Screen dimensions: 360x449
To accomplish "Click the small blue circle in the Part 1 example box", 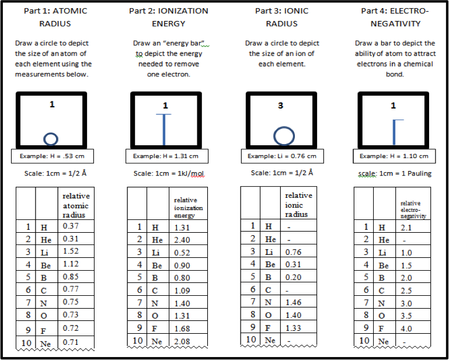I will tap(51, 138).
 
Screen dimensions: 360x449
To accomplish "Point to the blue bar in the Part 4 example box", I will tap(395, 132).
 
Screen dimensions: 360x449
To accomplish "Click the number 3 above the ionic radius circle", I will tap(280, 106).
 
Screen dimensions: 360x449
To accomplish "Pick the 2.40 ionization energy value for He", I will tap(182, 240).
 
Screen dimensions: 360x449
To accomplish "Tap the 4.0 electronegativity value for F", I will tap(406, 328).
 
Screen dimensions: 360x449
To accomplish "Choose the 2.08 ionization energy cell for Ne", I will tap(182, 341).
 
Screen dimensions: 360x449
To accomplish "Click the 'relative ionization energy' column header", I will tap(188, 207).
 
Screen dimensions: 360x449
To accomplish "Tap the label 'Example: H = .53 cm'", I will tap(52, 156).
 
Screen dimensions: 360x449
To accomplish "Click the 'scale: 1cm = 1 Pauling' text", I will tap(393, 173).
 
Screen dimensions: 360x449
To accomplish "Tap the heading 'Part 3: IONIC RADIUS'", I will tap(281, 18).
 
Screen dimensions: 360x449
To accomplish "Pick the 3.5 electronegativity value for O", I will tap(406, 316).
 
